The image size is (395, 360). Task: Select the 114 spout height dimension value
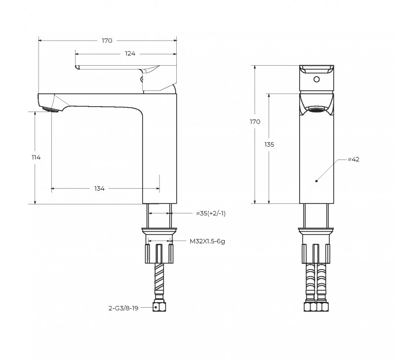(36, 157)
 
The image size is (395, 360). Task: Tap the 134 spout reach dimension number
(99, 188)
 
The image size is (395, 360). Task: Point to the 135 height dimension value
(269, 144)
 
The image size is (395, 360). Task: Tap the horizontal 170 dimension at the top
(107, 40)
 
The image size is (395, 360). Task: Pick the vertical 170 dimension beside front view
(255, 121)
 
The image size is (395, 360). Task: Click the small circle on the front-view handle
(316, 79)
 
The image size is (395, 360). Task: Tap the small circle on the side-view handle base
(143, 78)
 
